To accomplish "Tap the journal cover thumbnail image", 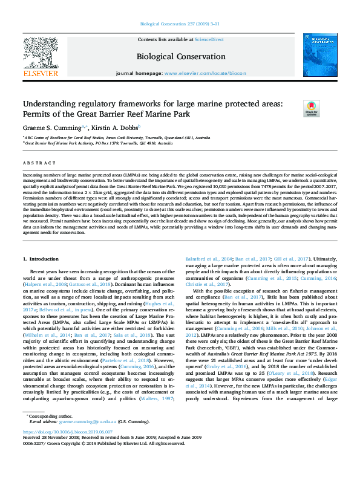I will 320,55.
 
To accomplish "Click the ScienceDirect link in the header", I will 209,39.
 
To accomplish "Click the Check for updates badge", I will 327,109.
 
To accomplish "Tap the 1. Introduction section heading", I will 43,258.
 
